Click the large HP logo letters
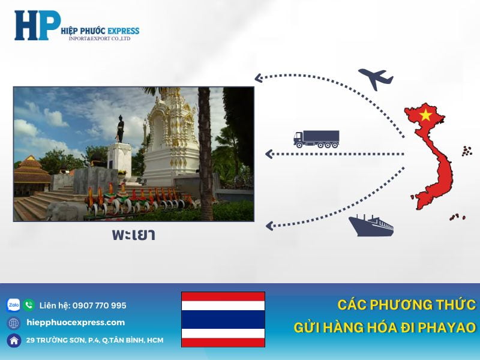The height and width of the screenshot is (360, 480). (x=36, y=25)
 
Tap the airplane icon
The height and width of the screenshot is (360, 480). (x=376, y=79)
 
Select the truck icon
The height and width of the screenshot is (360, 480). (x=316, y=139)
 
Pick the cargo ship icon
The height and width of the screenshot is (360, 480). (x=371, y=225)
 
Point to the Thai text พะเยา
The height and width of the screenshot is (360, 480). (x=133, y=235)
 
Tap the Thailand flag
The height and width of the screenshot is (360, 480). (x=223, y=319)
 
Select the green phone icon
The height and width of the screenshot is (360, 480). (x=29, y=305)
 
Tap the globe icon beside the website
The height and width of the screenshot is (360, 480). (x=14, y=323)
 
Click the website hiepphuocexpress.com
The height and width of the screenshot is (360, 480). (x=76, y=322)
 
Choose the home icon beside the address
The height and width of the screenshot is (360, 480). (x=14, y=340)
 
